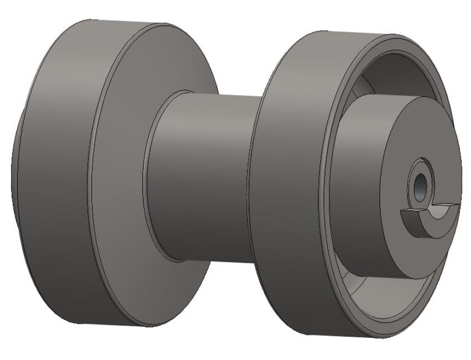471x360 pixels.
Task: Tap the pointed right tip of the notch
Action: [x=456, y=204]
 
